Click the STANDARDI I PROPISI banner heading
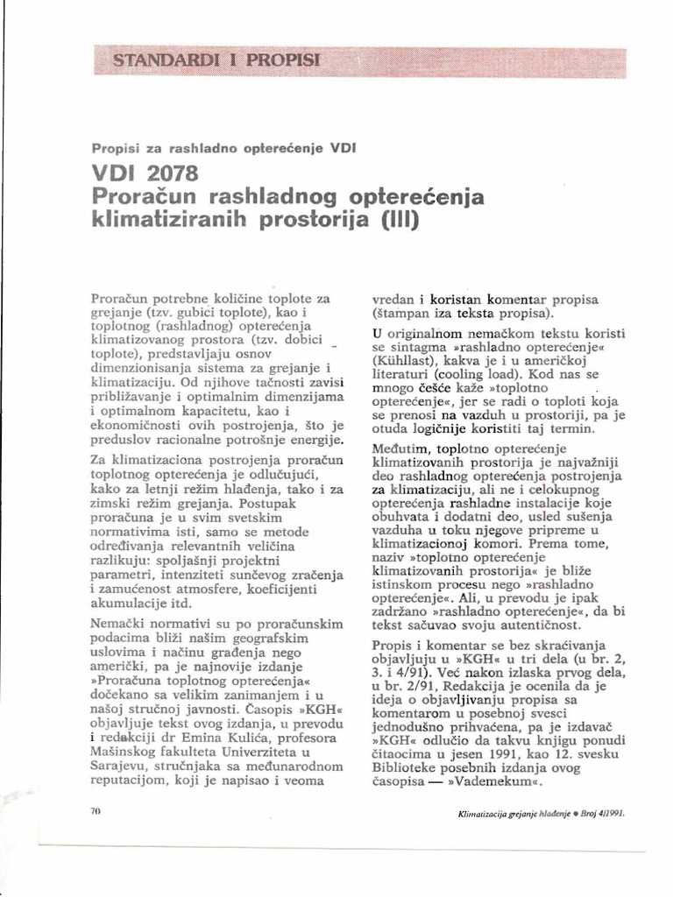216,60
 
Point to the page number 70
96,811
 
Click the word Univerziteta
251,751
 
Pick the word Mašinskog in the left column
125,751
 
